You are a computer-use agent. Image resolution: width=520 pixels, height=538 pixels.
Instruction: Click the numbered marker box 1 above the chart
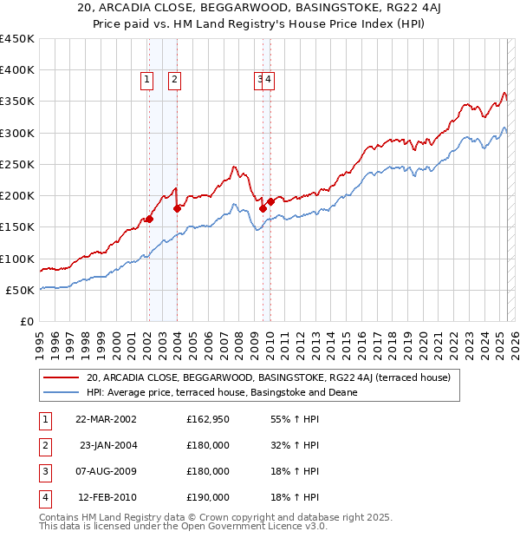tap(147, 81)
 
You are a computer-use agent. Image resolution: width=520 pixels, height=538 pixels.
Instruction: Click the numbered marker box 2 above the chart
tap(175, 81)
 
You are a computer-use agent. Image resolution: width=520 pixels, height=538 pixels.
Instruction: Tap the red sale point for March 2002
tap(149, 219)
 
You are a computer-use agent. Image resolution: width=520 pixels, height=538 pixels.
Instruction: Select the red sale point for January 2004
tap(177, 208)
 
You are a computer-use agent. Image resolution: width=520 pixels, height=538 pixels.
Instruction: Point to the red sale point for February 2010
tap(270, 201)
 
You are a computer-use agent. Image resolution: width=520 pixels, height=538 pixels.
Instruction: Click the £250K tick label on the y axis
tap(17, 164)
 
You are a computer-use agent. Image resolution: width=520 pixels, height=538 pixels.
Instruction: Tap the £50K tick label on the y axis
tap(21, 290)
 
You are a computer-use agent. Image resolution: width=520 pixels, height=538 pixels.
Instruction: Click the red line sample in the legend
tap(62, 378)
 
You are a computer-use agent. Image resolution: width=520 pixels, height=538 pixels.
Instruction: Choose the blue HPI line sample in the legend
tap(62, 392)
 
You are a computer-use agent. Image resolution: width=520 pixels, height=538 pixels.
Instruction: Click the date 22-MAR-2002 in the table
tap(105, 419)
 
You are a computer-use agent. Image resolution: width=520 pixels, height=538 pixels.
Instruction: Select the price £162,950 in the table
tap(208, 419)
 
